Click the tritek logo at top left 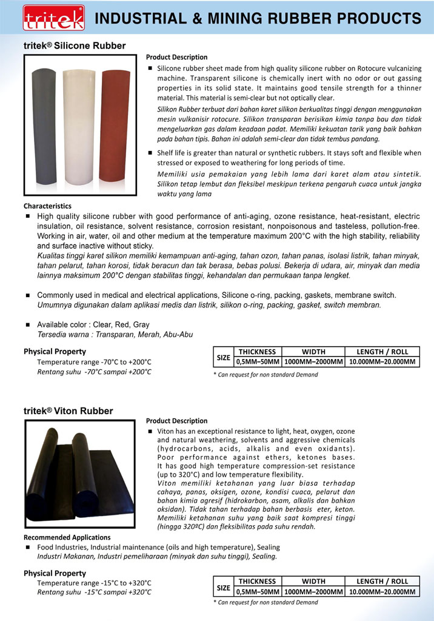tap(45, 18)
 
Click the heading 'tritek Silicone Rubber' tap(75, 45)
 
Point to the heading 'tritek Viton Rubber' tap(68, 411)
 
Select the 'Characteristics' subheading tap(47, 206)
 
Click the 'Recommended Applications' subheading tap(67, 537)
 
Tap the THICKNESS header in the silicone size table tap(257, 352)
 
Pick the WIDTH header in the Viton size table tap(313, 582)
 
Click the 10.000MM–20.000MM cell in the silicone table tap(382, 362)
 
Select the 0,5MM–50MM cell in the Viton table tap(258, 592)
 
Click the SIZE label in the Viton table tap(224, 587)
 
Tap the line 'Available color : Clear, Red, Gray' tap(93, 324)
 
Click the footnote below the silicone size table tap(265, 375)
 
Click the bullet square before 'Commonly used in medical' tap(28, 295)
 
